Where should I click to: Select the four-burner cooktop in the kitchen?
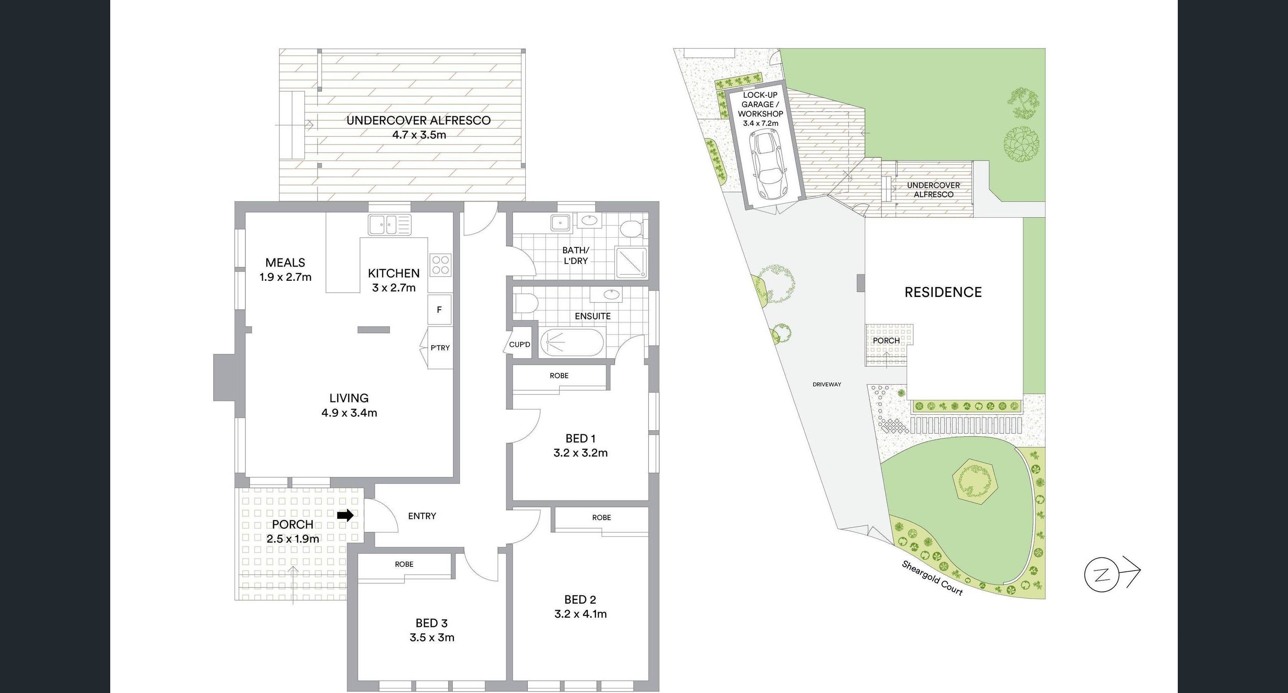(440, 265)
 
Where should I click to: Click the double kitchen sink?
(390, 225)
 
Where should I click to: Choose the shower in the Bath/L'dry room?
(630, 263)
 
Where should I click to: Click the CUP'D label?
(519, 345)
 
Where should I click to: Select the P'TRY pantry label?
(440, 348)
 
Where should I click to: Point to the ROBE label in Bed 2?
(602, 518)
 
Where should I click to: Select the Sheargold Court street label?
(932, 578)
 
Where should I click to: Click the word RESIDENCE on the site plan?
(943, 292)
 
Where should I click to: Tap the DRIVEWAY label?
(826, 384)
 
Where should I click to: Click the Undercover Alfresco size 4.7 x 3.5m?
(419, 135)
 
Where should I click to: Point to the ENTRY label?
(422, 516)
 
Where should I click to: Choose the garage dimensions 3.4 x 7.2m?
(761, 123)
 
